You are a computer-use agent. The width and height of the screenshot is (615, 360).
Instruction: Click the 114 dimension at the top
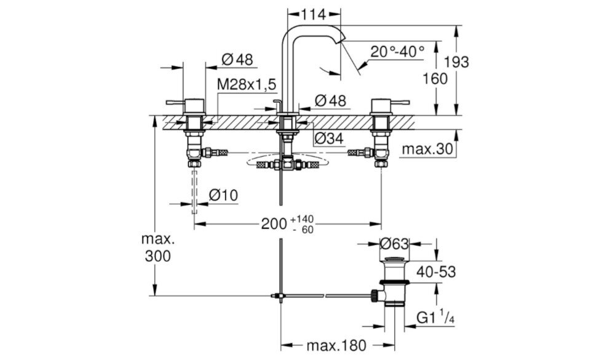(x=314, y=15)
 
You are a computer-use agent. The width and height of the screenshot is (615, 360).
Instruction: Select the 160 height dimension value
(x=435, y=79)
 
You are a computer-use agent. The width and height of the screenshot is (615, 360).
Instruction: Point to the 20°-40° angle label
(x=397, y=52)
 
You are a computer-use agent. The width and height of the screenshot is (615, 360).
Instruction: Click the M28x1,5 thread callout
(x=247, y=84)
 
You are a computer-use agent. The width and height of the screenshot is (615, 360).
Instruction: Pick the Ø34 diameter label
(x=329, y=138)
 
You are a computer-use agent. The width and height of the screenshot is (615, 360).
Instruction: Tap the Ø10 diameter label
(x=223, y=194)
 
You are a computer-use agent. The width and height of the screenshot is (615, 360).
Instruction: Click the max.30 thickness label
(x=427, y=149)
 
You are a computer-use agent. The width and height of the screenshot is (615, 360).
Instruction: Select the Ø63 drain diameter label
(x=394, y=244)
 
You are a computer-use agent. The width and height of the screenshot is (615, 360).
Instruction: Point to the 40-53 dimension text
(x=436, y=271)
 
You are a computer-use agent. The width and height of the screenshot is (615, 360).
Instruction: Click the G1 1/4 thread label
(x=435, y=316)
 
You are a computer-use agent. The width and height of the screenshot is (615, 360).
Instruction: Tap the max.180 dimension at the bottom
(x=336, y=345)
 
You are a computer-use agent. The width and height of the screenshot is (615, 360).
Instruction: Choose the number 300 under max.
(x=157, y=256)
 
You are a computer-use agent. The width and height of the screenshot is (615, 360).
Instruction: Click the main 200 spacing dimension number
(x=274, y=224)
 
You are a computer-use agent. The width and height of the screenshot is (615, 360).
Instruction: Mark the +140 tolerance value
(x=303, y=218)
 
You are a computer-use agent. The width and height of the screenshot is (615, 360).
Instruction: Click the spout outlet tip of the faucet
(x=343, y=38)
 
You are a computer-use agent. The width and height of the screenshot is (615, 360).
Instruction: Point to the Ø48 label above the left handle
(x=237, y=60)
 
